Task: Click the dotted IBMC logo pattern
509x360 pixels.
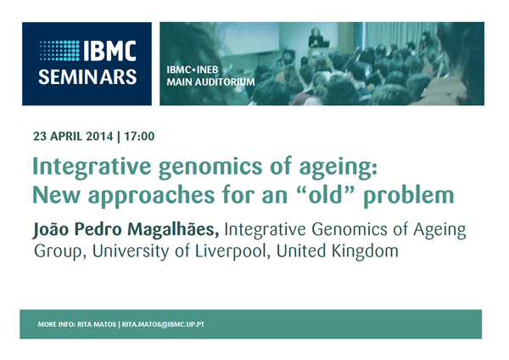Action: point(59,51)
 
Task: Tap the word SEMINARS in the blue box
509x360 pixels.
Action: point(87,77)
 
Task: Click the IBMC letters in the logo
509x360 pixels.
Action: point(109,51)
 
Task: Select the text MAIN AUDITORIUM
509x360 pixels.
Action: point(210,82)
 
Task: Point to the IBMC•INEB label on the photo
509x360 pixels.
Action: point(193,70)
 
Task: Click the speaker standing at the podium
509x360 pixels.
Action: point(316,38)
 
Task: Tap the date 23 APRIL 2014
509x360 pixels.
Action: point(73,136)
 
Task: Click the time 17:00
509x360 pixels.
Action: point(139,136)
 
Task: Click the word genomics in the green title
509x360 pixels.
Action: point(210,167)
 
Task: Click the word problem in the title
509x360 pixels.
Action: point(409,196)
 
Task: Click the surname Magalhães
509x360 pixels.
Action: point(173,230)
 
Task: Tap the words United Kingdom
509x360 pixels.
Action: point(338,251)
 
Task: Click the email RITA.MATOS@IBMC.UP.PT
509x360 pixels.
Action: point(163,324)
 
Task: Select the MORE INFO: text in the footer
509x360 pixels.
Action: point(57,324)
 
